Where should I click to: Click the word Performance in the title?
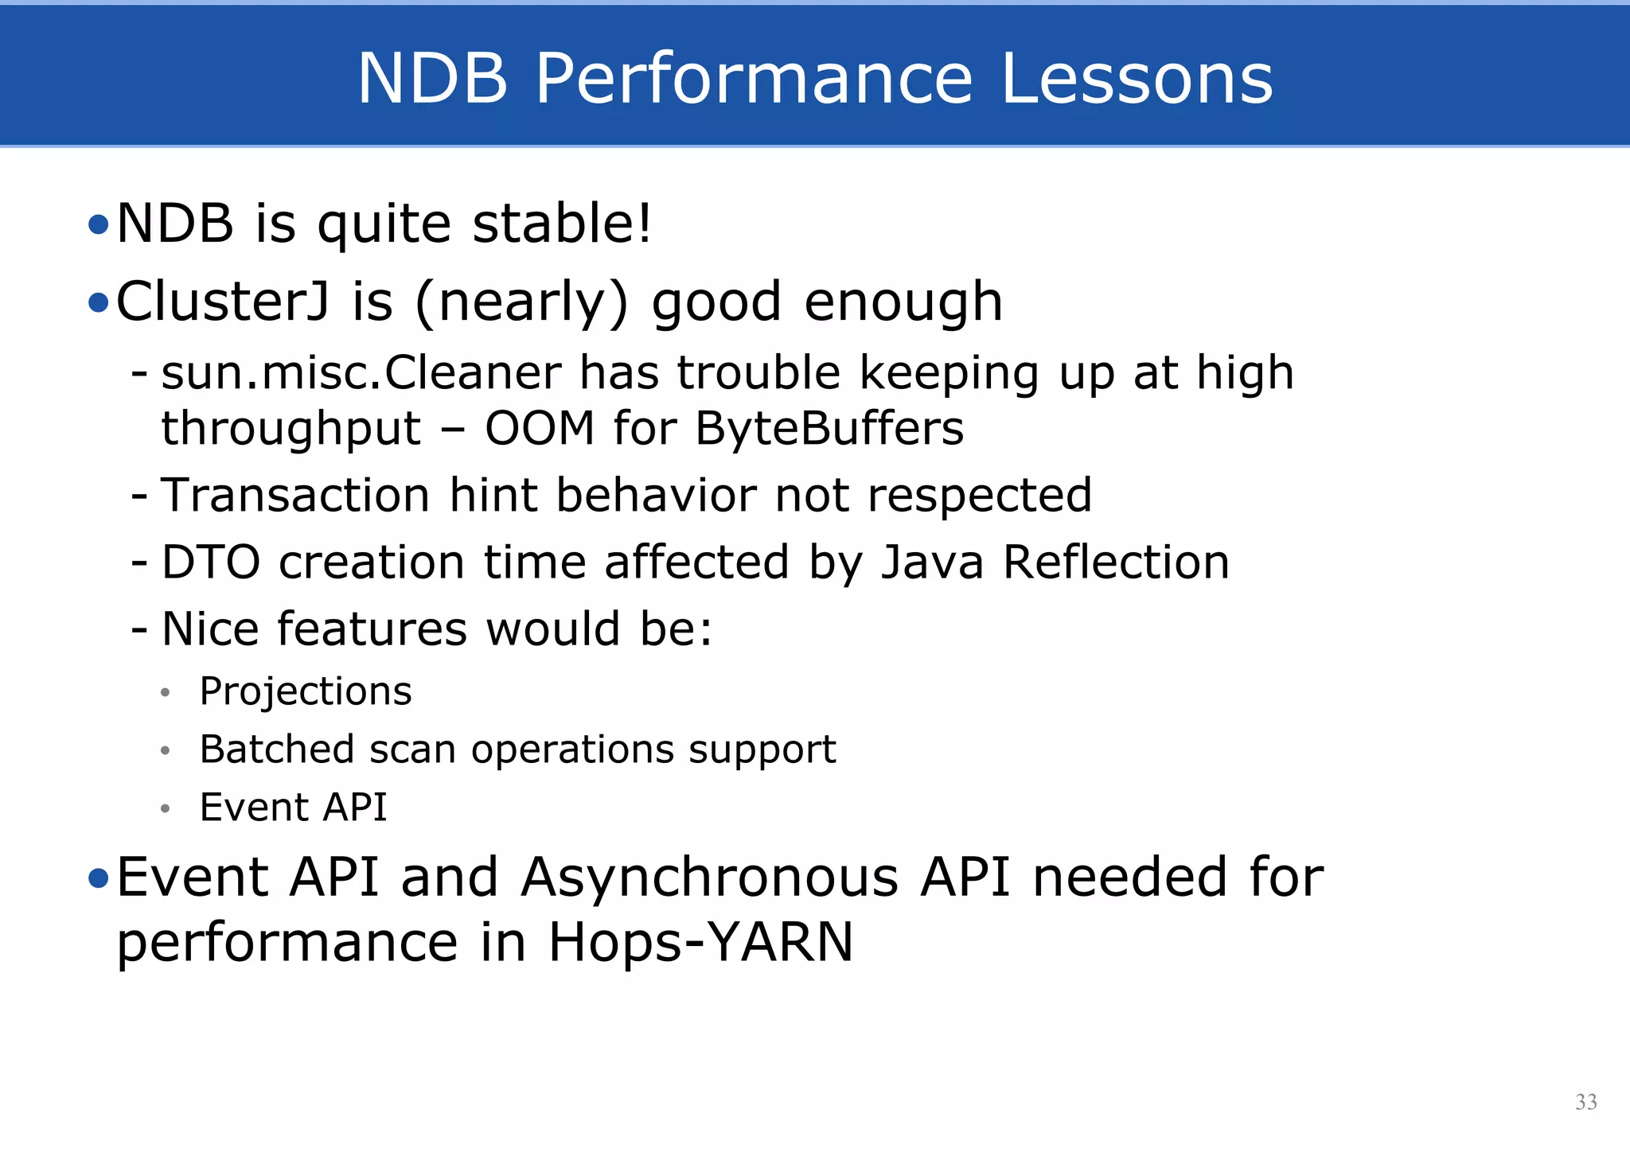click(x=754, y=78)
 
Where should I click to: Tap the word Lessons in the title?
click(x=1137, y=78)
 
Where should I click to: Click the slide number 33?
click(x=1585, y=1102)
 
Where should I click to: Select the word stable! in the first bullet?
click(x=562, y=223)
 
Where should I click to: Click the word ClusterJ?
click(x=222, y=302)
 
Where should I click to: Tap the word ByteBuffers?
click(x=829, y=429)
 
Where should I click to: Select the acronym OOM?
click(x=540, y=429)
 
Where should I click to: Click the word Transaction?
click(x=295, y=495)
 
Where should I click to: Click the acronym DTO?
click(x=210, y=562)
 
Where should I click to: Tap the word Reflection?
click(x=1115, y=562)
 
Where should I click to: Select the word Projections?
click(x=306, y=691)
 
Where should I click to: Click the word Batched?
click(x=276, y=749)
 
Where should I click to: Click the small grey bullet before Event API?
click(x=165, y=809)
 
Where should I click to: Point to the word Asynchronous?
click(x=710, y=878)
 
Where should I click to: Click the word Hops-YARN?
click(x=700, y=942)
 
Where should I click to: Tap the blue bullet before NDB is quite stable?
click(x=98, y=225)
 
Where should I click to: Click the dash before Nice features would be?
click(x=139, y=630)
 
